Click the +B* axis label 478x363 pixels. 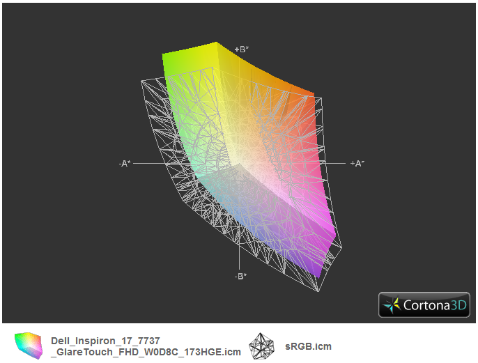tap(242, 49)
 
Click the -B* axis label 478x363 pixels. tap(241, 276)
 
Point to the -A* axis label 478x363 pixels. tap(125, 164)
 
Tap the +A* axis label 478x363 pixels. tap(357, 164)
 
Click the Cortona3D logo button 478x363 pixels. tap(424, 304)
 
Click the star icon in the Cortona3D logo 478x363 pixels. tap(392, 305)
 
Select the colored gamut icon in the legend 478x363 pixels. tap(28, 346)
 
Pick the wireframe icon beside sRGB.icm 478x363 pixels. tap(261, 346)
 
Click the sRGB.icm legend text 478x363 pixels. tap(308, 346)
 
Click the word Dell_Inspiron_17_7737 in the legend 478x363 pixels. tap(105, 341)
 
